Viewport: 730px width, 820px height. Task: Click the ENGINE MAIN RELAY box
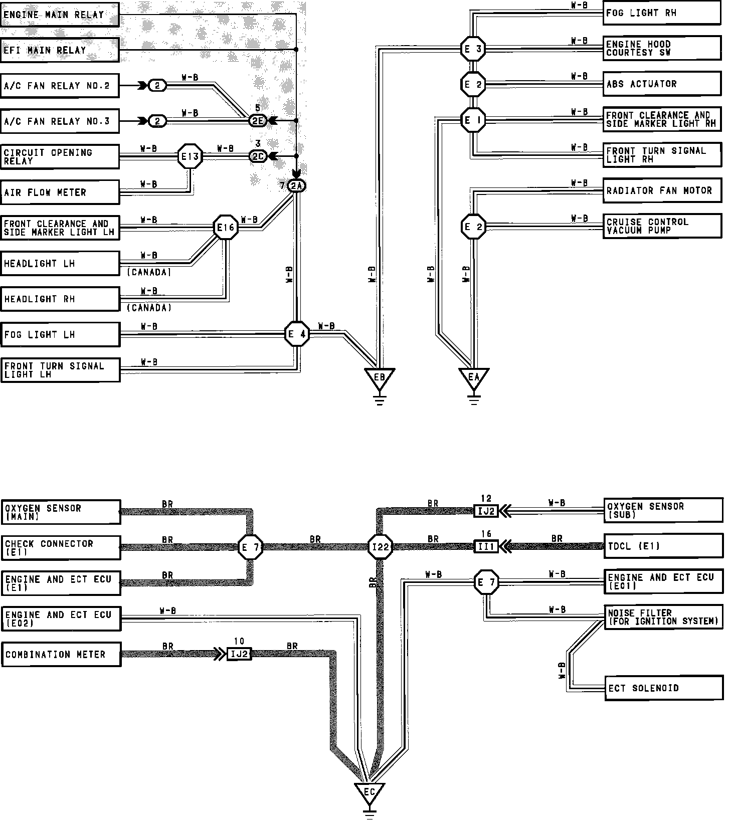point(60,15)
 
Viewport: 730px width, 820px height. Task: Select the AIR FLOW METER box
point(60,192)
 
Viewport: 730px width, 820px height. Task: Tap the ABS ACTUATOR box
point(662,84)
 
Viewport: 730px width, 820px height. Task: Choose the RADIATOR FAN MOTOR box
point(662,190)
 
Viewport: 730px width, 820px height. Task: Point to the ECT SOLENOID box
point(664,688)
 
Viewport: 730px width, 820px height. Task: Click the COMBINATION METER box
point(61,655)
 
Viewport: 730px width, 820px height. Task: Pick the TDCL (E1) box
point(664,546)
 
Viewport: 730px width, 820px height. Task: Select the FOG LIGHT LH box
point(60,334)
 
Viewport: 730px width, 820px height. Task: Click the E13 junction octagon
point(190,157)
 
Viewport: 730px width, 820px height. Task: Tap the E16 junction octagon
point(225,228)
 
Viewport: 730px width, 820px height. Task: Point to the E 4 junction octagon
point(297,334)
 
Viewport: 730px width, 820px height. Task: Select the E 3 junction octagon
point(473,49)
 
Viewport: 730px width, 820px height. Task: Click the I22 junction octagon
point(380,547)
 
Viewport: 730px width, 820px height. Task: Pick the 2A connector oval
point(297,186)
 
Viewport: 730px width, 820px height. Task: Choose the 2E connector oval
point(258,121)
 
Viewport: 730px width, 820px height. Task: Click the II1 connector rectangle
point(486,546)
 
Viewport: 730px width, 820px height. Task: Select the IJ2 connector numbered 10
point(239,654)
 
